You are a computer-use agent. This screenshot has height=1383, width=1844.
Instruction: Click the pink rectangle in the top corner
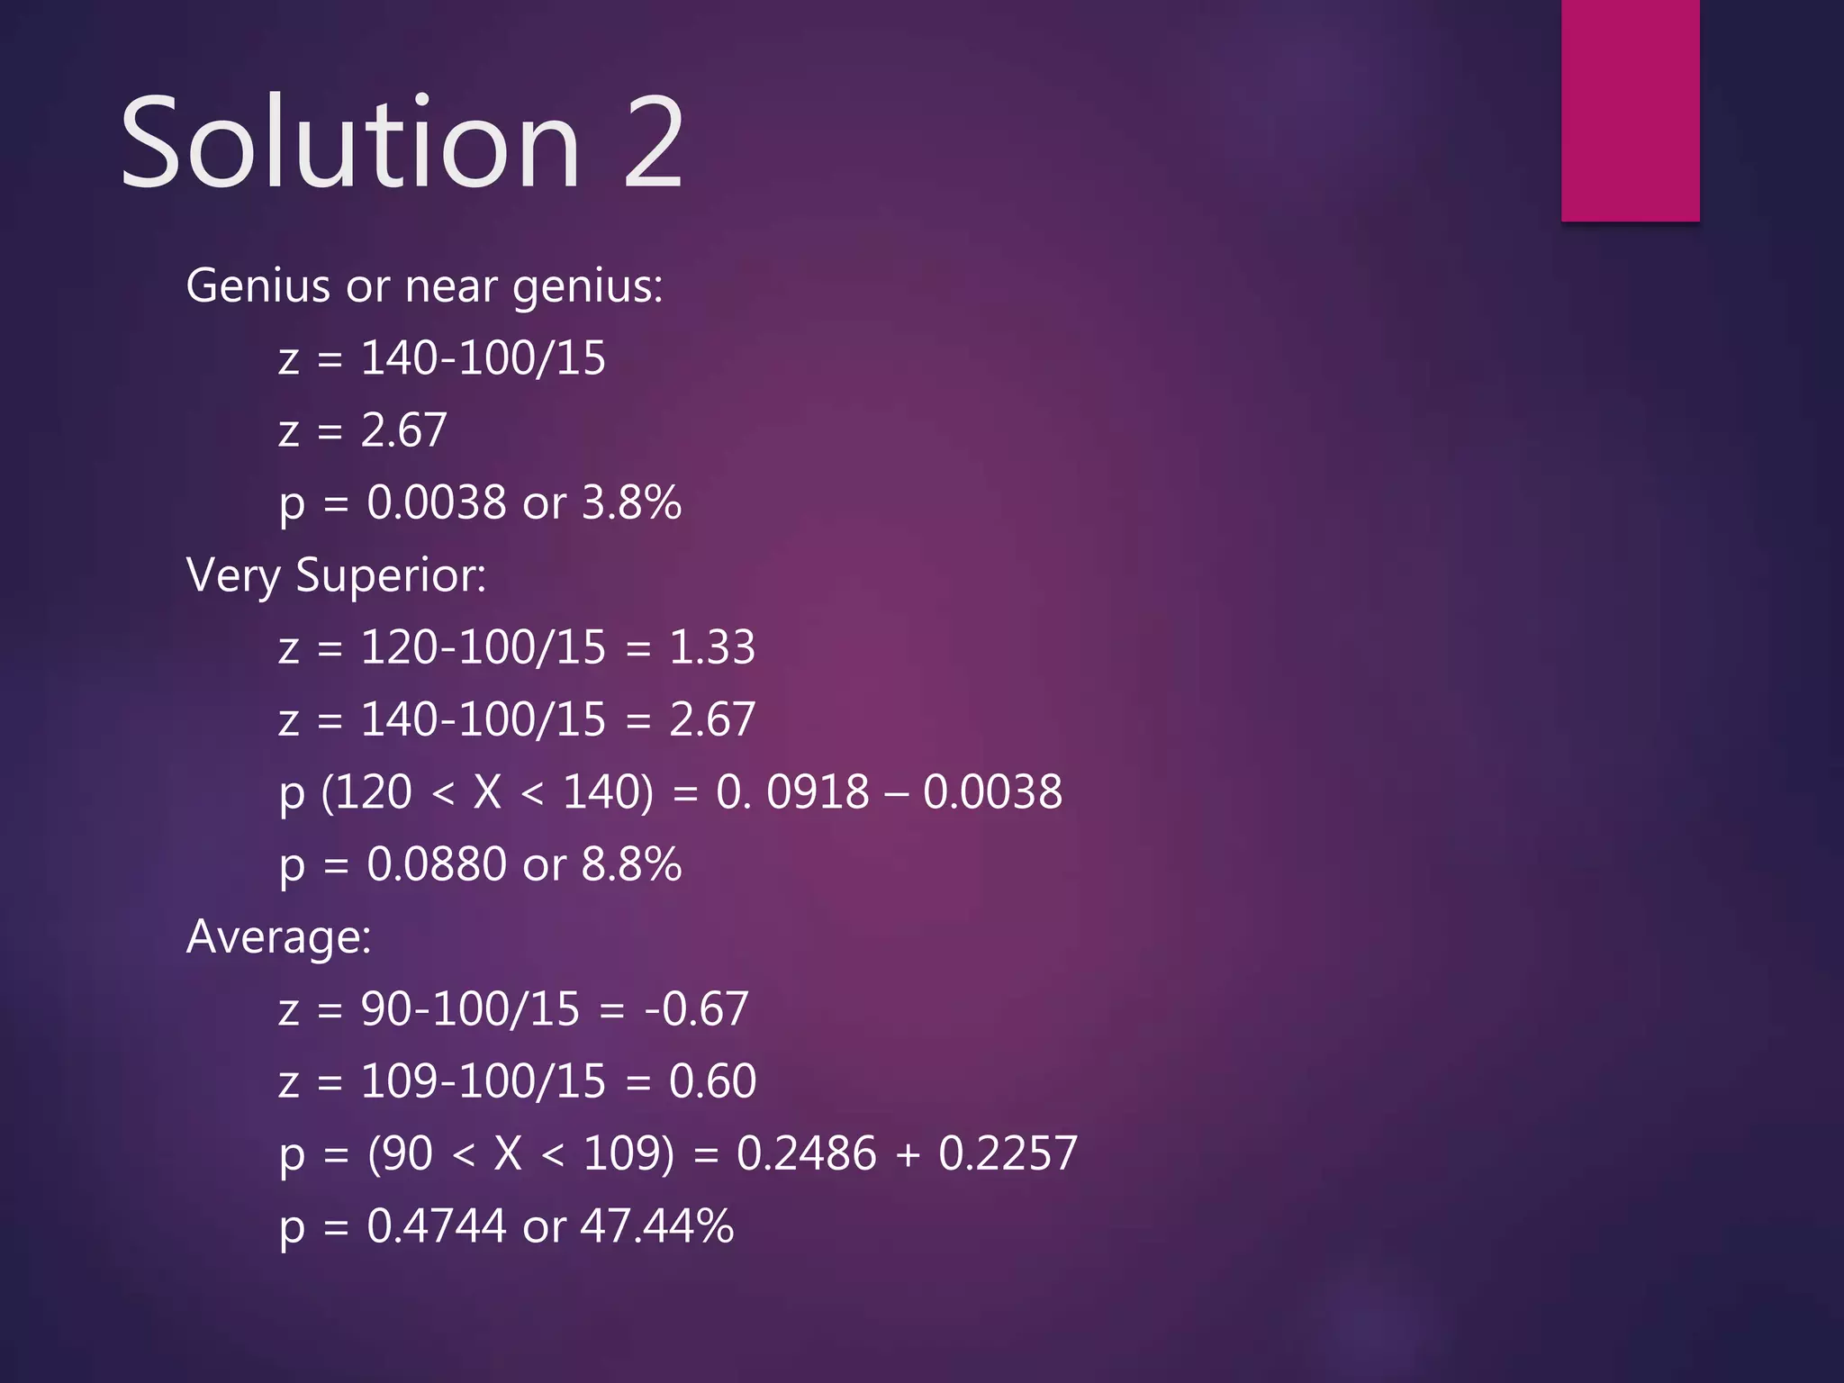coord(1630,110)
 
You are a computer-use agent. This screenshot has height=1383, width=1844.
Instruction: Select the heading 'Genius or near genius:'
coord(424,286)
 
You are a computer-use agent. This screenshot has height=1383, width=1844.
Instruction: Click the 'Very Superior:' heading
coord(336,575)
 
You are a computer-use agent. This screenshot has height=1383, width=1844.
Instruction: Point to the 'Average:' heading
coord(278,936)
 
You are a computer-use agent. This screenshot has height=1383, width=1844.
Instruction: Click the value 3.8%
coord(631,502)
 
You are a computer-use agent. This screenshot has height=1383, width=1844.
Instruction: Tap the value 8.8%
coord(631,864)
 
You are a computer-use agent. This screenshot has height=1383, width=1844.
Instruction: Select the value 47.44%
coord(657,1226)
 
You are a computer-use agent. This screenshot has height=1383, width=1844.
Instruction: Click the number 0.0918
coord(793,792)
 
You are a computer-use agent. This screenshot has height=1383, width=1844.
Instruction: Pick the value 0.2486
coord(806,1153)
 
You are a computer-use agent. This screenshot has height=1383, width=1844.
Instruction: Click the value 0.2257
coord(1008,1153)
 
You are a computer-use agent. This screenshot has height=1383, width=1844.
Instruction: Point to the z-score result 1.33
coord(711,647)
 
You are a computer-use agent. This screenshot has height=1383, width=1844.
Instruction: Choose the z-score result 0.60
coord(712,1081)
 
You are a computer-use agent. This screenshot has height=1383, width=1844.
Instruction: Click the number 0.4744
coord(437,1226)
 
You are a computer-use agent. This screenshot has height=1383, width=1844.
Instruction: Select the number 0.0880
coord(437,864)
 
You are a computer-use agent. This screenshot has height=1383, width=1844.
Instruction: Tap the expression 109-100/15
coord(483,1081)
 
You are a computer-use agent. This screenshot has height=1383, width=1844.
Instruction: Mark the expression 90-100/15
coord(470,1009)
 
